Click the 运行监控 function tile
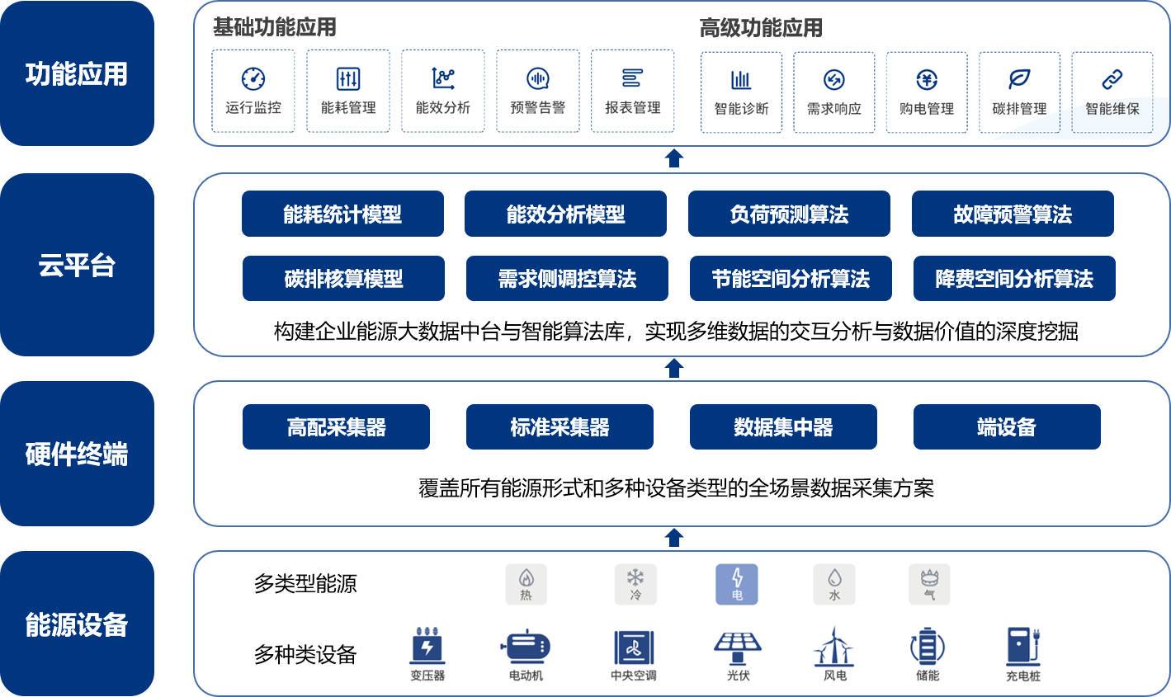[x=253, y=91]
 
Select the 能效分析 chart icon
[x=443, y=78]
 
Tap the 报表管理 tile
[x=633, y=91]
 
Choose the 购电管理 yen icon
[x=927, y=79]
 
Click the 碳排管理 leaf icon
[x=1019, y=79]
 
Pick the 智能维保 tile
[x=1112, y=92]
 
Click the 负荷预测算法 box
[x=789, y=214]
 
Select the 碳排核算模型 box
[x=343, y=279]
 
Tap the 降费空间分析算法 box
[x=1014, y=279]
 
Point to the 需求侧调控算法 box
[x=567, y=279]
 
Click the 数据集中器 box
[x=783, y=427]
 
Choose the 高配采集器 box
[x=336, y=427]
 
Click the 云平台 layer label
[x=77, y=265]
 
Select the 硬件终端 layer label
[x=77, y=454]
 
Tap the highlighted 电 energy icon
[x=737, y=584]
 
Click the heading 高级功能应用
[x=761, y=28]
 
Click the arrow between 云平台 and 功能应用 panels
[x=674, y=158]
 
